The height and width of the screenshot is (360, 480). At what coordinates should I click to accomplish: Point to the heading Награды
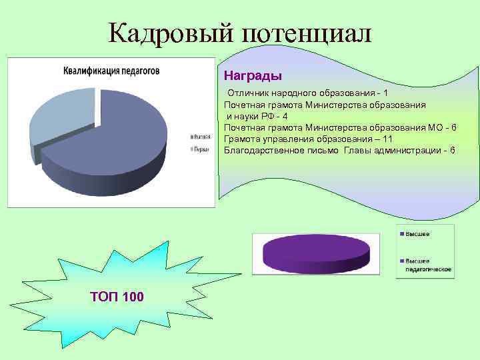pyautogui.click(x=253, y=76)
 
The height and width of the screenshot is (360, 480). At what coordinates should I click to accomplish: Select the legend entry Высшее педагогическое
pyautogui.click(x=426, y=265)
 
